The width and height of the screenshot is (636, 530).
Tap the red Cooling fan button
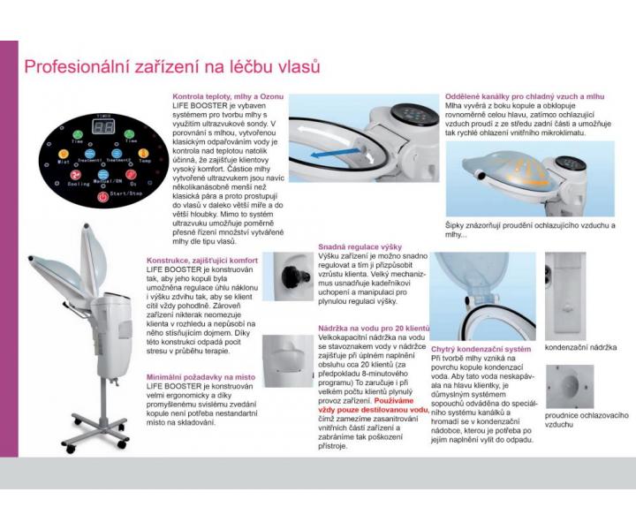pyautogui.click(x=77, y=175)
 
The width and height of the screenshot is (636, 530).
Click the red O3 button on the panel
pyautogui.click(x=131, y=175)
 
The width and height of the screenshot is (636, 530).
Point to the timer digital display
pyautogui.click(x=103, y=126)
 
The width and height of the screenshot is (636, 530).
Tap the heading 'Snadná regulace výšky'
pyautogui.click(x=359, y=247)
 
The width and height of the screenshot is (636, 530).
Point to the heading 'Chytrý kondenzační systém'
pyautogui.click(x=481, y=349)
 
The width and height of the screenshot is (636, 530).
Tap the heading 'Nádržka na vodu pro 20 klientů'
pyautogui.click(x=374, y=329)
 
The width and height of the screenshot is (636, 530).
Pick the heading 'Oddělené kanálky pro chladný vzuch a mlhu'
pyautogui.click(x=526, y=96)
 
